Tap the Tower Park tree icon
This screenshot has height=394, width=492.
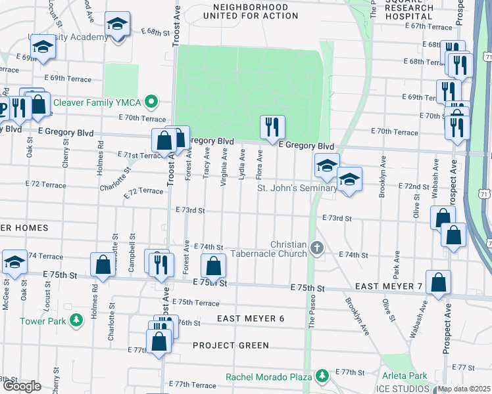(77, 320)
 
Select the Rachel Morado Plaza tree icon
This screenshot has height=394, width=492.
(322, 376)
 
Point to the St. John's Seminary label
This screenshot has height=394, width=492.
(296, 188)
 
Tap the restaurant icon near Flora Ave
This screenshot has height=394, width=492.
(272, 126)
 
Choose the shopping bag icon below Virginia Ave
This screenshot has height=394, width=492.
(213, 266)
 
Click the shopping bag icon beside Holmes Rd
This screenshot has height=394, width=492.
(103, 264)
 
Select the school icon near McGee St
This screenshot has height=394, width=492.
(14, 261)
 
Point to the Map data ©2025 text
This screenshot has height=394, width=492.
(464, 389)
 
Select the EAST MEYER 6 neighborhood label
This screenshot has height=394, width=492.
(251, 318)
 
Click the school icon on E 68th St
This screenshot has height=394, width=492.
(118, 26)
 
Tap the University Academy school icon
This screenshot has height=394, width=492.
(43, 47)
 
